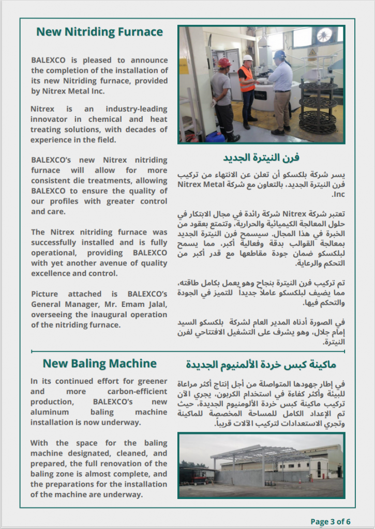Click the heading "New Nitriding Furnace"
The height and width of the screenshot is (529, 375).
click(99, 32)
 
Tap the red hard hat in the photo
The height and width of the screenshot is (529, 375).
click(224, 63)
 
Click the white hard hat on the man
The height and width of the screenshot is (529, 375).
click(248, 58)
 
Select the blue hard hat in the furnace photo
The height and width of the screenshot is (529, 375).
click(280, 54)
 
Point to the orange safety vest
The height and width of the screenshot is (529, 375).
click(247, 79)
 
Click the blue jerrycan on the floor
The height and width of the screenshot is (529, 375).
click(216, 137)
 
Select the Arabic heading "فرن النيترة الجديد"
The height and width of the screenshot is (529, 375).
click(261, 157)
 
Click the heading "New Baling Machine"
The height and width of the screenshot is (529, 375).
click(99, 364)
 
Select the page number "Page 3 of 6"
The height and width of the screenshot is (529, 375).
click(331, 521)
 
